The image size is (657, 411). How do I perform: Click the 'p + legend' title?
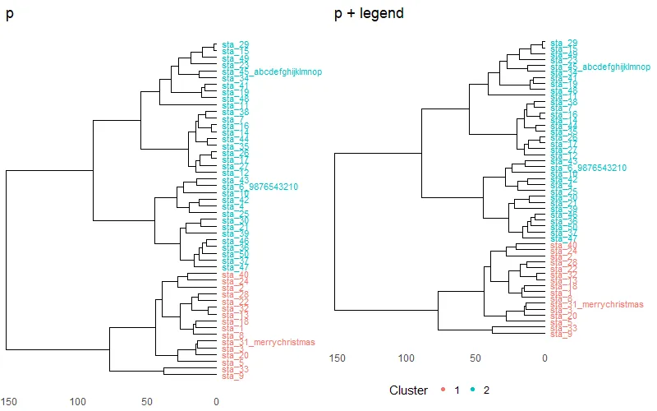369,14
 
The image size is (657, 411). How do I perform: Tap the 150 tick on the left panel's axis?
9,402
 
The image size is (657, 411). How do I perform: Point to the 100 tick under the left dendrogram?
78,402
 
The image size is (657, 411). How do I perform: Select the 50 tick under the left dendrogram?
147,402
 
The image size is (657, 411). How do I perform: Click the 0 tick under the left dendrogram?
216,402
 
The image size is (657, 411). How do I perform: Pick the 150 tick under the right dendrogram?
337,358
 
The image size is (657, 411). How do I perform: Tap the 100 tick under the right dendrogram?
406,358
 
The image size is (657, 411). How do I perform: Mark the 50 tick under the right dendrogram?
475,358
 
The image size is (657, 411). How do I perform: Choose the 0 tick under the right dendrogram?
544,358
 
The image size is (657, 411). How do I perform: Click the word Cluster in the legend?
408,390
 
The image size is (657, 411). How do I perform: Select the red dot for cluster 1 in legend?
442,390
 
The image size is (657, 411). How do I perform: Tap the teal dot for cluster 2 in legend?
475,390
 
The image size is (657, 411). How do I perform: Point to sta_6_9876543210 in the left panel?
260,187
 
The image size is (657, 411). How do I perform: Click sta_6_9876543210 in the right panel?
589,168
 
